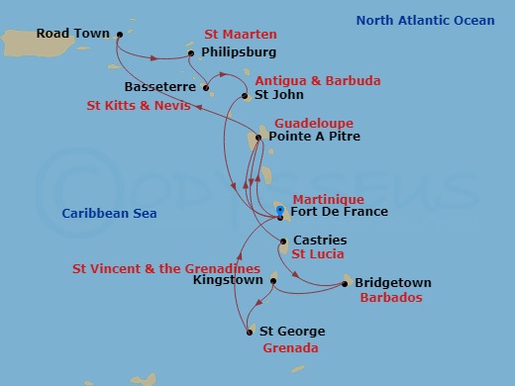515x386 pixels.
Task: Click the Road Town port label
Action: pyautogui.click(x=72, y=34)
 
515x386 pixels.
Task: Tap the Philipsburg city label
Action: pyautogui.click(x=238, y=51)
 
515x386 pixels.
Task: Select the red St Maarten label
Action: pyautogui.click(x=241, y=34)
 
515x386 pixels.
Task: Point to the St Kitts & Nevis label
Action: pyautogui.click(x=136, y=104)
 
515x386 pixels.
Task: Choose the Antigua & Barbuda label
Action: pyautogui.click(x=304, y=80)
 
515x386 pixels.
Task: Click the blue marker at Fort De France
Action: pyautogui.click(x=280, y=211)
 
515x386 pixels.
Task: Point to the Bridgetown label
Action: pyautogui.click(x=393, y=283)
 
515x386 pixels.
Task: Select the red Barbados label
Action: pyautogui.click(x=392, y=297)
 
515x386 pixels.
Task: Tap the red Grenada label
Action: pyautogui.click(x=290, y=348)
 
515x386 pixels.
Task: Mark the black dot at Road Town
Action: pyautogui.click(x=119, y=34)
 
